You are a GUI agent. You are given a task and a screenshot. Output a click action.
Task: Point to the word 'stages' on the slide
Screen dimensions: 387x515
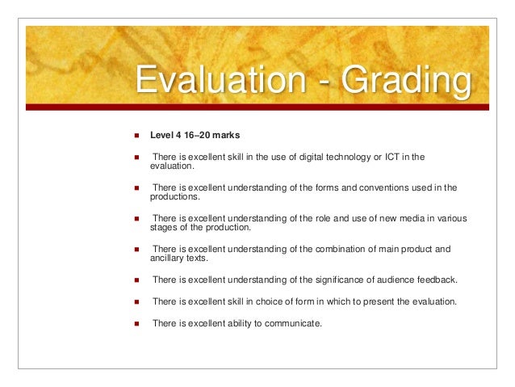point(163,228)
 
